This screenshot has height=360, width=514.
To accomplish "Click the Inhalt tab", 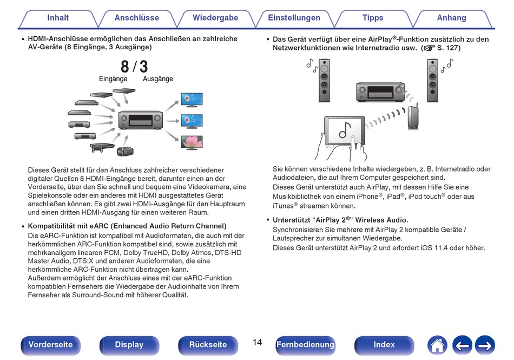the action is [x=58, y=18].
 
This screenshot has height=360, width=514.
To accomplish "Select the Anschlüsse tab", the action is [x=137, y=18].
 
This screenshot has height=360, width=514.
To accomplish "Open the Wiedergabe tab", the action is [x=215, y=18].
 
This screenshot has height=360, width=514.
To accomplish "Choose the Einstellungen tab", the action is [x=294, y=18].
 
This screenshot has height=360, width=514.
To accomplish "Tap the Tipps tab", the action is [x=373, y=18].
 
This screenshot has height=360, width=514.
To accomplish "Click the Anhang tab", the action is [x=451, y=18].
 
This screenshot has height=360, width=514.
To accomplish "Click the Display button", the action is [x=129, y=345].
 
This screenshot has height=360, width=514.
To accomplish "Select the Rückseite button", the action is [x=208, y=345].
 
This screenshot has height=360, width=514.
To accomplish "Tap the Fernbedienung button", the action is [x=306, y=345].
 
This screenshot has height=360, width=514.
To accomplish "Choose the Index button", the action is [x=384, y=345].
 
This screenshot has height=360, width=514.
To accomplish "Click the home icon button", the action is [x=437, y=345].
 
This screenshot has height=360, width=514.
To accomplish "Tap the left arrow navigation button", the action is [x=462, y=345].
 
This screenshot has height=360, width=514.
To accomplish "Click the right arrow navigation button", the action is [x=485, y=345].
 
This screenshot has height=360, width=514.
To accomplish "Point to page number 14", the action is [x=258, y=343].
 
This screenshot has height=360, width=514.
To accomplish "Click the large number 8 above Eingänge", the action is [x=124, y=67].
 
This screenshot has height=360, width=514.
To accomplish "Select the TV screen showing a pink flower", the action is [x=192, y=142].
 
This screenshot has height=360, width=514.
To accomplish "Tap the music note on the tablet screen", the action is [x=345, y=130].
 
